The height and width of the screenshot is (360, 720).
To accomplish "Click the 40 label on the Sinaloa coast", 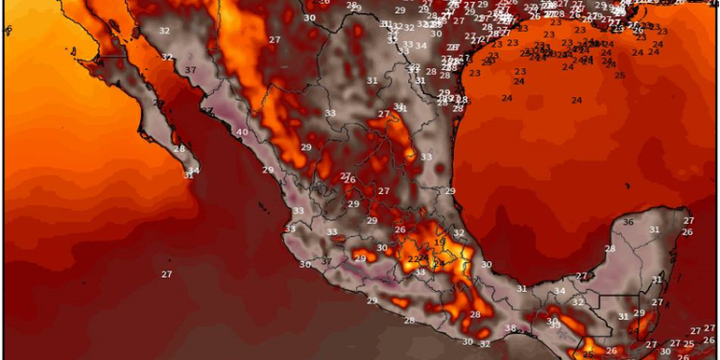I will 242,132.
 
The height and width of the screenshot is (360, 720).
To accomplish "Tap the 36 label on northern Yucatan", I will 628,222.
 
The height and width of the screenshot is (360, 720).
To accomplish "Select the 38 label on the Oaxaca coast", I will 510,329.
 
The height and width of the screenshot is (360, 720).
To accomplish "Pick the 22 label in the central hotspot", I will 414,257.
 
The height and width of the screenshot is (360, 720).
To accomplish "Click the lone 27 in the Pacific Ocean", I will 166,275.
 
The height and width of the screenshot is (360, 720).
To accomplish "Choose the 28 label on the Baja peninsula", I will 180,148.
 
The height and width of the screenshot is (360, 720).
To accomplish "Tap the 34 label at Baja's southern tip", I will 194,171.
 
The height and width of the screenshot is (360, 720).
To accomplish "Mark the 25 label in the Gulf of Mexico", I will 619,75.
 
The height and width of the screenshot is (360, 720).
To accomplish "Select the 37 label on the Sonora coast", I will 191,70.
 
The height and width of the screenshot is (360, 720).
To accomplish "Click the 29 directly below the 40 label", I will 268,170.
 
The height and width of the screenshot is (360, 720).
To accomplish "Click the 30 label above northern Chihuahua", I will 308,18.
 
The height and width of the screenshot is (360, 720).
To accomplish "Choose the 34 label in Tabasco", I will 561,291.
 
